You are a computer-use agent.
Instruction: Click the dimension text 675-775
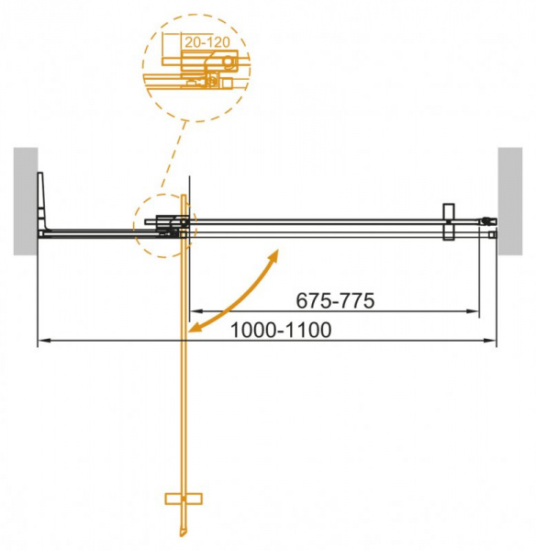[334, 299]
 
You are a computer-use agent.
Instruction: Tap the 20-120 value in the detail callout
[202, 42]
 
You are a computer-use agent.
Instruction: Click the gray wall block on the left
[25, 199]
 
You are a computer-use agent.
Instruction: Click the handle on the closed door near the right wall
[448, 223]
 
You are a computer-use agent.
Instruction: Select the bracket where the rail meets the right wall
[489, 221]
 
